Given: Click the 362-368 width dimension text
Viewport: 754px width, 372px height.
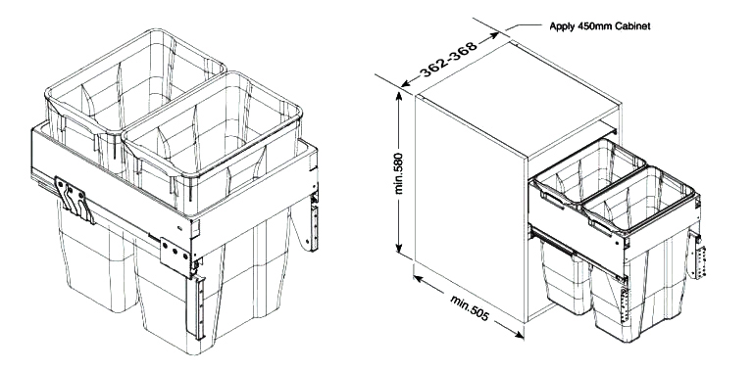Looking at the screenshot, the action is (x=448, y=59).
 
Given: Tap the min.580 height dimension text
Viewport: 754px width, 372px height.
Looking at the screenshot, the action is (x=399, y=173).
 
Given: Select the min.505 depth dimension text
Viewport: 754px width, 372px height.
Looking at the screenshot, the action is (x=470, y=307).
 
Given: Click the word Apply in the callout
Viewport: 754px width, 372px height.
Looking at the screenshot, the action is (x=562, y=26).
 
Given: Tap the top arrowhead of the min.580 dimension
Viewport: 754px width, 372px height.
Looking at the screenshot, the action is (x=399, y=96).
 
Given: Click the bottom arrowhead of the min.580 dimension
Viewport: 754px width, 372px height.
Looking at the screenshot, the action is (x=399, y=248).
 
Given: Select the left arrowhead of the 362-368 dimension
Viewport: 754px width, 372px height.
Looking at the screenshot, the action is (x=406, y=83).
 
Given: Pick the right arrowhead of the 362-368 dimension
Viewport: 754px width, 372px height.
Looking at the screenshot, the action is (x=494, y=35).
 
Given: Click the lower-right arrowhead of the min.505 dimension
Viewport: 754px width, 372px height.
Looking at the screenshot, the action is (x=519, y=335).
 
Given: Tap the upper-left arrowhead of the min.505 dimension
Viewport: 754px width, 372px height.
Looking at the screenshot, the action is (x=419, y=278).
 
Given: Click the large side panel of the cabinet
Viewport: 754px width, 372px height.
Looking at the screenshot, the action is (x=471, y=207).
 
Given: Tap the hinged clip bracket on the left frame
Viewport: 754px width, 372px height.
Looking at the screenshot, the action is (x=75, y=201).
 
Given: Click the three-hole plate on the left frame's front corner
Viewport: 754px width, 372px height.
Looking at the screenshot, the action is (x=176, y=256).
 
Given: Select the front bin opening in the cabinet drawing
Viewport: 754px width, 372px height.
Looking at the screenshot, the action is (x=639, y=199).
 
